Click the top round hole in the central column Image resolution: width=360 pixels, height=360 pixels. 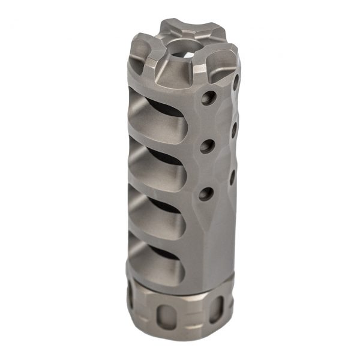pos(208,97)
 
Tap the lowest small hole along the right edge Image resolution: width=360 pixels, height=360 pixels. pos(232,175)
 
